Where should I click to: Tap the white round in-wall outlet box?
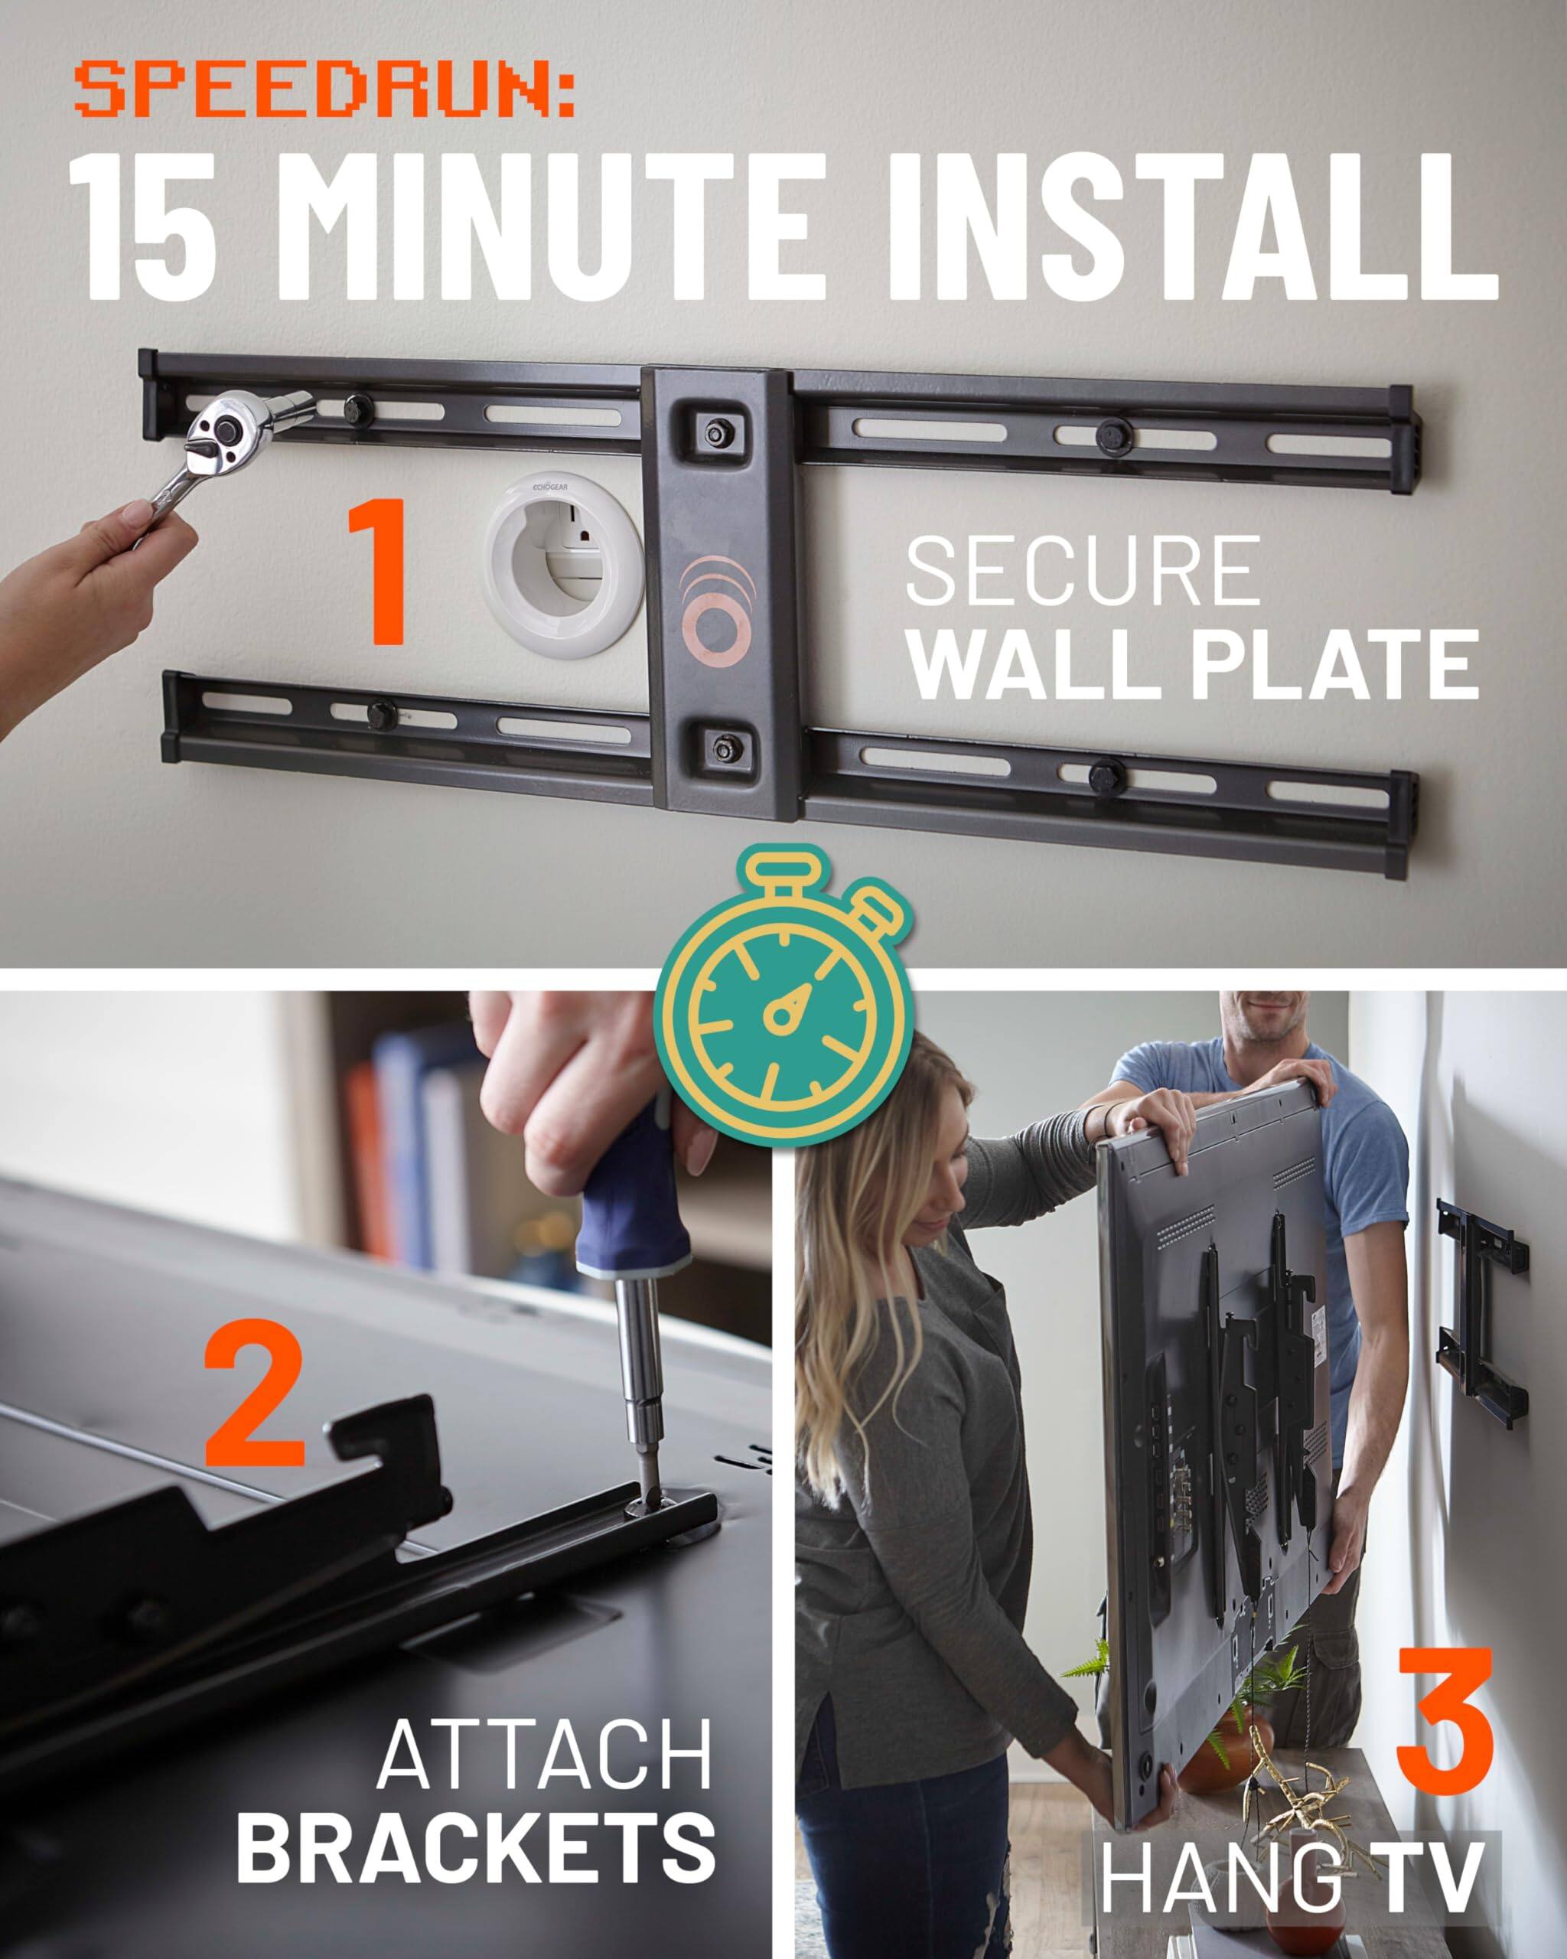point(565,566)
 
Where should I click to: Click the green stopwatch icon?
point(782,1008)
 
